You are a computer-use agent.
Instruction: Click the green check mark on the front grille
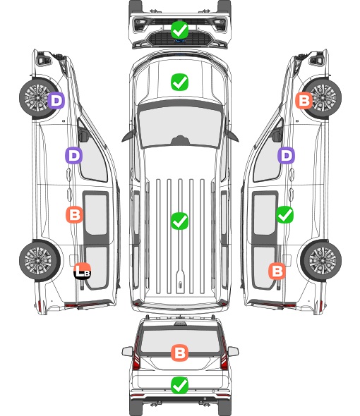tap(179, 30)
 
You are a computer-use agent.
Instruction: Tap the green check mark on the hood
tap(179, 82)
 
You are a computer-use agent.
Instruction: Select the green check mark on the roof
tap(179, 221)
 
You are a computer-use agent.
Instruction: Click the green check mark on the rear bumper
tap(179, 385)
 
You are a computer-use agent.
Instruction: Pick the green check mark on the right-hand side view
tap(284, 214)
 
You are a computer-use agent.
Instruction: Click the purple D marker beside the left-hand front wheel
tap(56, 100)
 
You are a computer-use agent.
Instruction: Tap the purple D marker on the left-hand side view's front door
tap(74, 155)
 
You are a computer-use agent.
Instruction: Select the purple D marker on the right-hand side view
tap(286, 155)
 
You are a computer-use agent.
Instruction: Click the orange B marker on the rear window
tap(179, 353)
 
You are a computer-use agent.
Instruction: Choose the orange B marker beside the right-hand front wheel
tap(304, 100)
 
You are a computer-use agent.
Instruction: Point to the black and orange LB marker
tap(83, 271)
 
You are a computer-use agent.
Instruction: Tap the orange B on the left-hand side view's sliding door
tap(74, 214)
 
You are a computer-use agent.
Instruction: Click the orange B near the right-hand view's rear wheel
tap(277, 271)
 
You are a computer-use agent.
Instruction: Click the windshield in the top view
tap(180, 125)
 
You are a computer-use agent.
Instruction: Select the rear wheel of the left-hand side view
tap(40, 261)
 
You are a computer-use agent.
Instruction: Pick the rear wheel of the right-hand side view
tap(321, 261)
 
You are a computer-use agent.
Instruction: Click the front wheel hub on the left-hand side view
tap(37, 98)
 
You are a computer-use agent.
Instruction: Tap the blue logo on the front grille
tap(180, 41)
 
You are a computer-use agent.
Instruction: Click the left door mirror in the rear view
tap(127, 351)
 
